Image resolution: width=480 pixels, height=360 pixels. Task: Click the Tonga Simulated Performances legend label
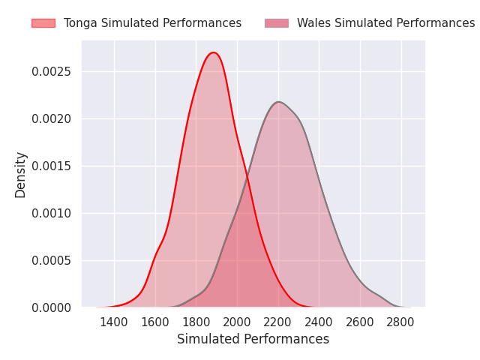152,23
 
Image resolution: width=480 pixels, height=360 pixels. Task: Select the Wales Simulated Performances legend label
385,23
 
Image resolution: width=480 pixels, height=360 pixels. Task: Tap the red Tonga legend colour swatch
43,23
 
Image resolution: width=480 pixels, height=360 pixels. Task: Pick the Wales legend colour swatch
277,23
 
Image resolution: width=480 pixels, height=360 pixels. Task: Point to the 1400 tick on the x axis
114,322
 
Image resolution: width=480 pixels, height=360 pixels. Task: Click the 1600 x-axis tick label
155,322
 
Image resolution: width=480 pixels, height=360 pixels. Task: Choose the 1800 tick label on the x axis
196,322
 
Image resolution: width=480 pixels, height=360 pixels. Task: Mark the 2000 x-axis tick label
237,322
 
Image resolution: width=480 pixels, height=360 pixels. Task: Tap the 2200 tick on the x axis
278,322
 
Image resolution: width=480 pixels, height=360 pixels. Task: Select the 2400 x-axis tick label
319,322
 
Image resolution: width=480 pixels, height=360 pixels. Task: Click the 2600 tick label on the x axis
360,322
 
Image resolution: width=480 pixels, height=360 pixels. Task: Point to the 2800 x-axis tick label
401,322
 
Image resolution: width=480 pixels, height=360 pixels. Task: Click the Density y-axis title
21,174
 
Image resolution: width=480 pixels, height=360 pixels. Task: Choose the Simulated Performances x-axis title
253,340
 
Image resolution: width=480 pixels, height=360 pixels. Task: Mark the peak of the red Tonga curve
214,52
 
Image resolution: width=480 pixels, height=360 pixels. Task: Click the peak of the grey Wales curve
278,102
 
